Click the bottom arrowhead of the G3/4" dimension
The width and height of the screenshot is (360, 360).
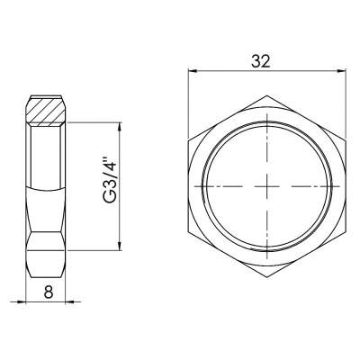pos(121,253)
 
